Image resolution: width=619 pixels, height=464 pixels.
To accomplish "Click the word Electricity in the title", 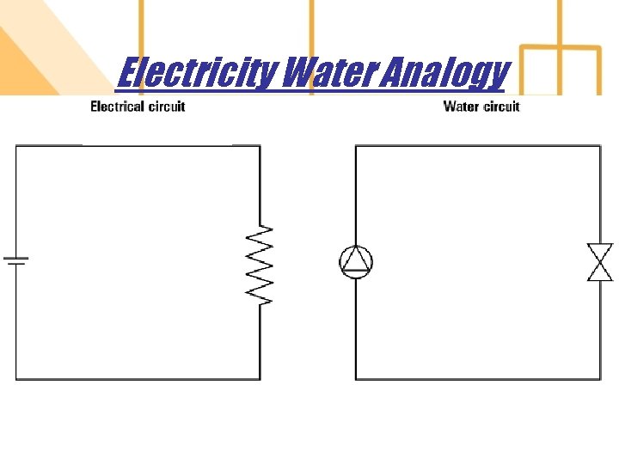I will coord(196,72).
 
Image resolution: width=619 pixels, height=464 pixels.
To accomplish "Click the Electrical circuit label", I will coord(138,107).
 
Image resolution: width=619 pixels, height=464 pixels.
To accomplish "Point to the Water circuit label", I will coord(481,107).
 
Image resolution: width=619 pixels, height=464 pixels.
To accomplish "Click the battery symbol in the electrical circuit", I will coord(16,260).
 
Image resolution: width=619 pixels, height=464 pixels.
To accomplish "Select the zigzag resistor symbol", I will coord(260,265).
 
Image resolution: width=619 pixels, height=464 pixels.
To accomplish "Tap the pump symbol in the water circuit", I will coord(356,262).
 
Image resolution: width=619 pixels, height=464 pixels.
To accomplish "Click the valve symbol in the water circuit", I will coord(599,262).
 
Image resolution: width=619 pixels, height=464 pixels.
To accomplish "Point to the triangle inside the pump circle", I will coord(356,261).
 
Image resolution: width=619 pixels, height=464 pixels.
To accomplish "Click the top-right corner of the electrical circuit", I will coord(260,146).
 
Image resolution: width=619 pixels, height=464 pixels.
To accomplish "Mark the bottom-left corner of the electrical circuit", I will coord(16,379).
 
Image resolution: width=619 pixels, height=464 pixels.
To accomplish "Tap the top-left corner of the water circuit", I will coord(356,146).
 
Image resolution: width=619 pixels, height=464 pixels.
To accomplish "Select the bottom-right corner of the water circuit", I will coord(600,379).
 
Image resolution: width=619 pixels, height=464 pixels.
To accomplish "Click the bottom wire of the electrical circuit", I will coord(138,379).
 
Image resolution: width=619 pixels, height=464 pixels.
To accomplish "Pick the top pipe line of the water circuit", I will coord(477,146).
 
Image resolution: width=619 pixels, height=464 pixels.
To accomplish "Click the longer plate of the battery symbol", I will coord(16,257).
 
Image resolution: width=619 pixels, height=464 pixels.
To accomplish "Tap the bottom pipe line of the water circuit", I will coord(477,379).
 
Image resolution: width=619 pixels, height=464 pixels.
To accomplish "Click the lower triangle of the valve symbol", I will coord(599,272).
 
